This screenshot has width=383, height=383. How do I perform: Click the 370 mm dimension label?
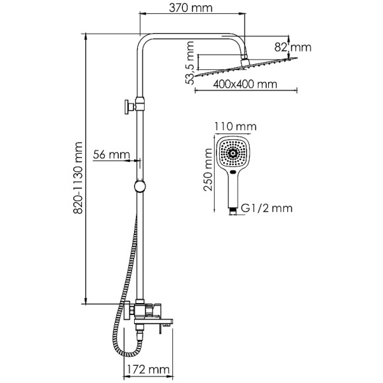pyautogui.click(x=191, y=8)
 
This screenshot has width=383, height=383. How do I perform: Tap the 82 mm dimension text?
pyautogui.click(x=293, y=47)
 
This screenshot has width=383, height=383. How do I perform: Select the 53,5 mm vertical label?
pyautogui.click(x=190, y=63)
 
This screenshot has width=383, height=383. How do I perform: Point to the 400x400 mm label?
pyautogui.click(x=245, y=85)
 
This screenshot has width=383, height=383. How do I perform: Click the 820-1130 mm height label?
pyautogui.click(x=78, y=178)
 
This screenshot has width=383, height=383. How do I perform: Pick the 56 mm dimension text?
pyautogui.click(x=112, y=155)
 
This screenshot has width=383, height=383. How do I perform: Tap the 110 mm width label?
pyautogui.click(x=236, y=127)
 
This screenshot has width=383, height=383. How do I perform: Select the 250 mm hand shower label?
pyautogui.click(x=208, y=169)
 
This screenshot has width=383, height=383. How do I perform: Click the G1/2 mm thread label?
pyautogui.click(x=267, y=208)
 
